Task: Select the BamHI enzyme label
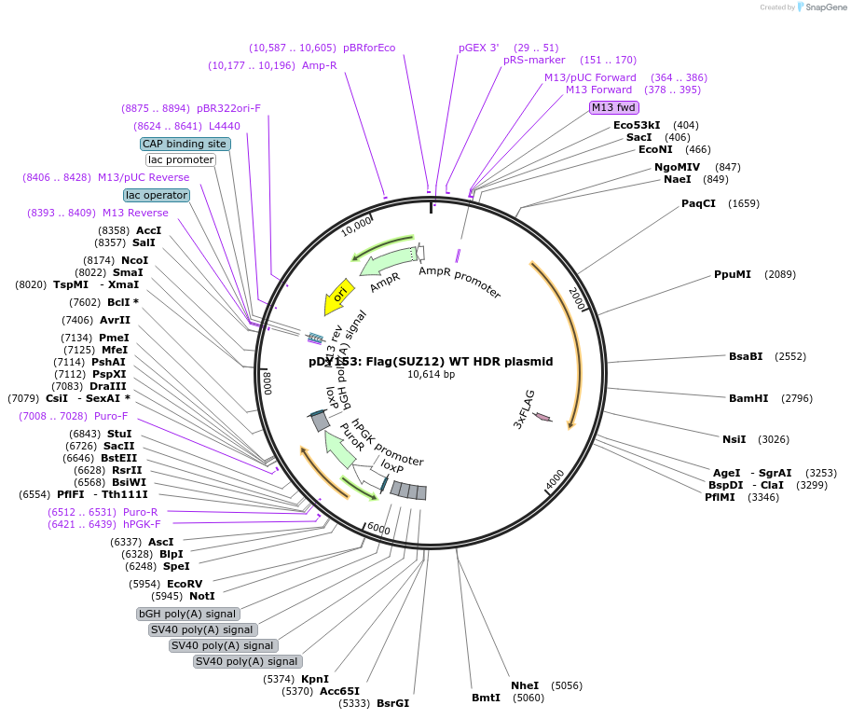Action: (x=748, y=398)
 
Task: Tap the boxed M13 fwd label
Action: (x=614, y=107)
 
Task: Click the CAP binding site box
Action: (x=185, y=144)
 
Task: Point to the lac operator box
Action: (x=157, y=195)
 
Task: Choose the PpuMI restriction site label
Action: (x=732, y=274)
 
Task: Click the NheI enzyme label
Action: (x=525, y=685)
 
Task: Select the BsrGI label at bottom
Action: (x=392, y=703)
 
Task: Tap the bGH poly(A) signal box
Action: (x=188, y=614)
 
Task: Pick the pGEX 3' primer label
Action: (x=479, y=48)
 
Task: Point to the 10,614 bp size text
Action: (x=431, y=375)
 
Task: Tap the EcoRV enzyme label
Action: (x=185, y=584)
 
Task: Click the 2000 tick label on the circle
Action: (x=576, y=300)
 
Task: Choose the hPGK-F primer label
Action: (x=143, y=524)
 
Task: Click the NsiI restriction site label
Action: (x=734, y=439)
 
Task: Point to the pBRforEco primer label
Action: (x=369, y=48)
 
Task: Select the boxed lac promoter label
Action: (x=181, y=159)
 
